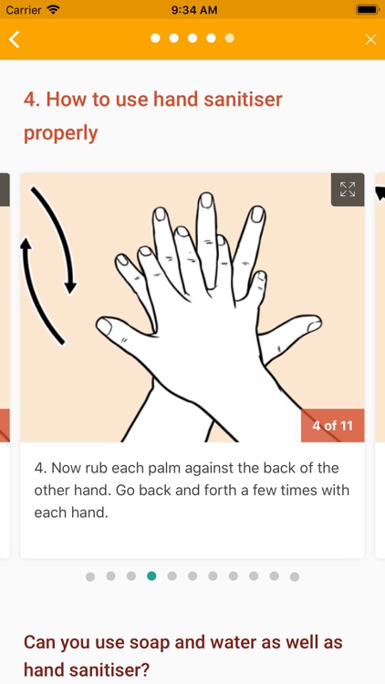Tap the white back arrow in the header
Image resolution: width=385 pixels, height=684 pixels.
click(x=14, y=39)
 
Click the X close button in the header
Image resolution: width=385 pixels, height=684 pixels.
click(x=370, y=40)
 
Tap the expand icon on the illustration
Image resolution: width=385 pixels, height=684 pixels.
click(x=348, y=190)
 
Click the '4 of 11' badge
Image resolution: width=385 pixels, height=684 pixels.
click(x=333, y=425)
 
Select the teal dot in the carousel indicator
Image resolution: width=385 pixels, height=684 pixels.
click(x=151, y=576)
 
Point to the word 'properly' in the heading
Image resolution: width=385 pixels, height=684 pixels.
click(x=61, y=133)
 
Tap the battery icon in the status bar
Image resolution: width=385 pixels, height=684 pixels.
click(x=367, y=9)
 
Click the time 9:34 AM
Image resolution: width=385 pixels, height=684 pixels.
click(x=194, y=10)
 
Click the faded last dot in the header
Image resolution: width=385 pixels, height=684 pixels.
click(x=230, y=38)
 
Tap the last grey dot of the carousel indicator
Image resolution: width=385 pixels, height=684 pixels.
click(x=295, y=576)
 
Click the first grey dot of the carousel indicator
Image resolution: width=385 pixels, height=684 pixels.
click(x=90, y=576)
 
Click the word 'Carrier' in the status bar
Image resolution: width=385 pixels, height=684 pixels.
click(x=24, y=9)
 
